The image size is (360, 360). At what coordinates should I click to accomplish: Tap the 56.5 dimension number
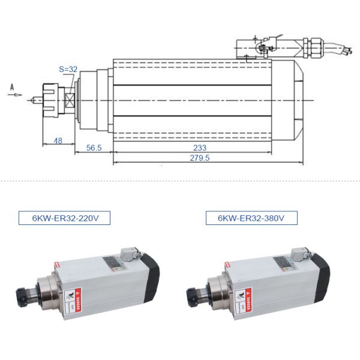coord(94,148)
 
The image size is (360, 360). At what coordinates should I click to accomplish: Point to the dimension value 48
coord(58,140)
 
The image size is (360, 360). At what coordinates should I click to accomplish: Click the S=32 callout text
coord(68,70)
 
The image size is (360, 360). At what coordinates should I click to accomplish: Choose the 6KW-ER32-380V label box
coord(252,217)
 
